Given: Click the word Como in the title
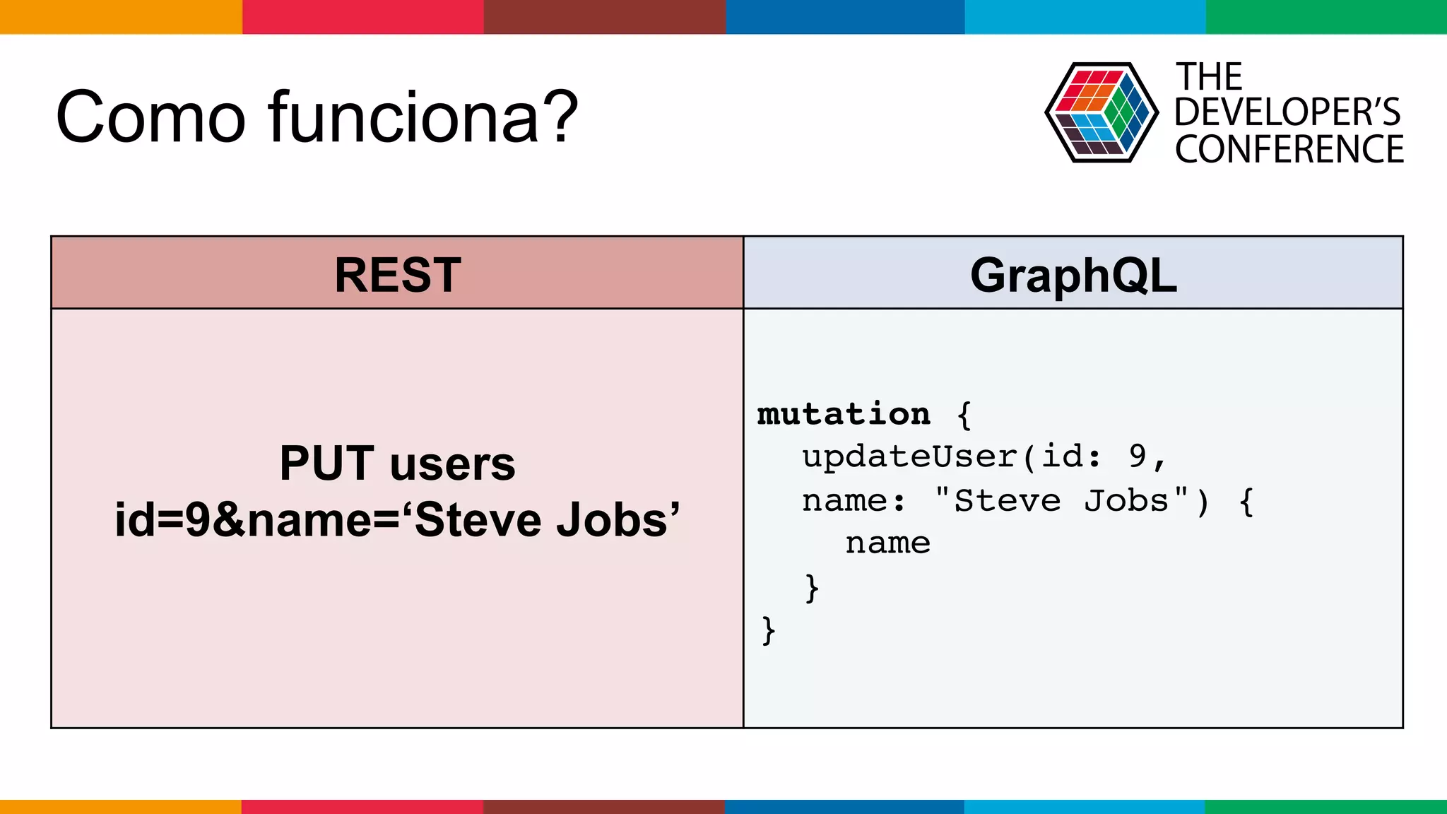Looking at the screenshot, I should (x=150, y=117).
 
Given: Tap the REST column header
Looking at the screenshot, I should (x=397, y=274).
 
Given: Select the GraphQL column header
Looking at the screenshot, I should (x=1073, y=274).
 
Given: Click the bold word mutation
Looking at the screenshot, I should (x=844, y=414).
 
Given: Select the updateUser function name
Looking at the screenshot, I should (x=910, y=457).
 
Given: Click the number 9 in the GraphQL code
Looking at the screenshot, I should (x=1137, y=457).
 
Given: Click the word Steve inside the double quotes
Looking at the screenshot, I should (x=1007, y=501).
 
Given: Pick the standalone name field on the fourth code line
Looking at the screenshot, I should (x=887, y=543).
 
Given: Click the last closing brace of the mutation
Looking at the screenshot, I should (x=768, y=630).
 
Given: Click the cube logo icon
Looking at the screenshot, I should (x=1101, y=113).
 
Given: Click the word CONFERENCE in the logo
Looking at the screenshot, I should (x=1289, y=150).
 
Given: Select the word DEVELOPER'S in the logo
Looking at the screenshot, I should (x=1287, y=112).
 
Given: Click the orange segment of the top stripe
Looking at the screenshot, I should (x=120, y=16).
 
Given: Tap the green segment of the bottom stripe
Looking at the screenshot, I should (x=1325, y=806).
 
